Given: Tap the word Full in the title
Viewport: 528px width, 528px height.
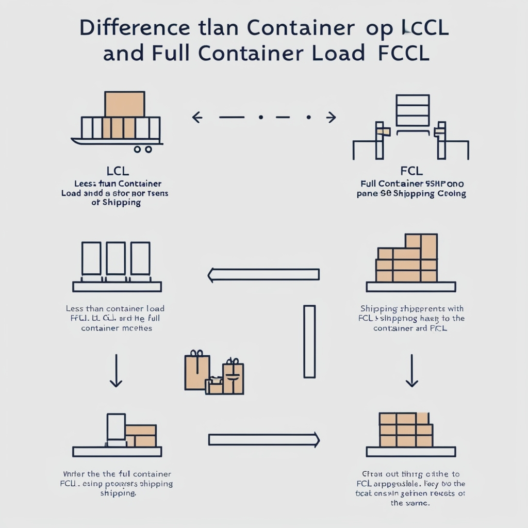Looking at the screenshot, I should [167, 54].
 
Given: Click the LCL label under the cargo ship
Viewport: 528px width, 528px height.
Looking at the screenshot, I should [118, 171].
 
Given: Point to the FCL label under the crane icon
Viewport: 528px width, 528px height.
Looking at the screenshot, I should [411, 171].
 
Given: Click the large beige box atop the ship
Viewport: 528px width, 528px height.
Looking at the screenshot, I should [124, 104].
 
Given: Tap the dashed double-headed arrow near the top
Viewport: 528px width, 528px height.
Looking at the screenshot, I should [264, 118].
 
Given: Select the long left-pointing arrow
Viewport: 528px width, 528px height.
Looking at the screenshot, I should [263, 274].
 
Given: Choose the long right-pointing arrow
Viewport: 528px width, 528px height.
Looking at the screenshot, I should [263, 440].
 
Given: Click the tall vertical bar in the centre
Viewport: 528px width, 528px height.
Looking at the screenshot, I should [309, 341].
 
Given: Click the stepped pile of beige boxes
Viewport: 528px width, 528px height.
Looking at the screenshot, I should [407, 259].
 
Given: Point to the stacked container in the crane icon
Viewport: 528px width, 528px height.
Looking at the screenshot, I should [412, 110].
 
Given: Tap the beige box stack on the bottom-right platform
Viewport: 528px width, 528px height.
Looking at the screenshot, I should [405, 430].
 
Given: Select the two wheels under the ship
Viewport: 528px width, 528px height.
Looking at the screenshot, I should [143, 149].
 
